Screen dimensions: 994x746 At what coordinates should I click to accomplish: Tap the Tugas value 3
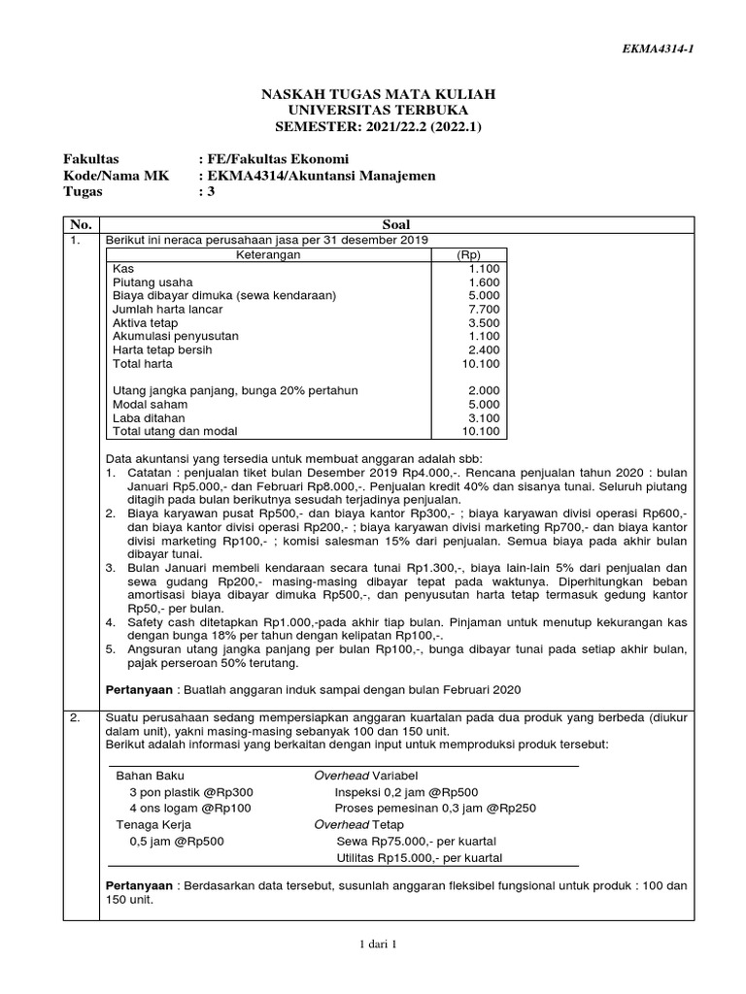pyautogui.click(x=205, y=191)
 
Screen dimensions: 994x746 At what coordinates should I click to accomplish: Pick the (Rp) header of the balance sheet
pyautogui.click(x=469, y=254)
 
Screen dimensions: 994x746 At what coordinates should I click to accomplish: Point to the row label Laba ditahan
pyautogui.click(x=146, y=417)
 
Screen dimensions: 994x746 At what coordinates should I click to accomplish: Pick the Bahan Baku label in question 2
pyautogui.click(x=150, y=776)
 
